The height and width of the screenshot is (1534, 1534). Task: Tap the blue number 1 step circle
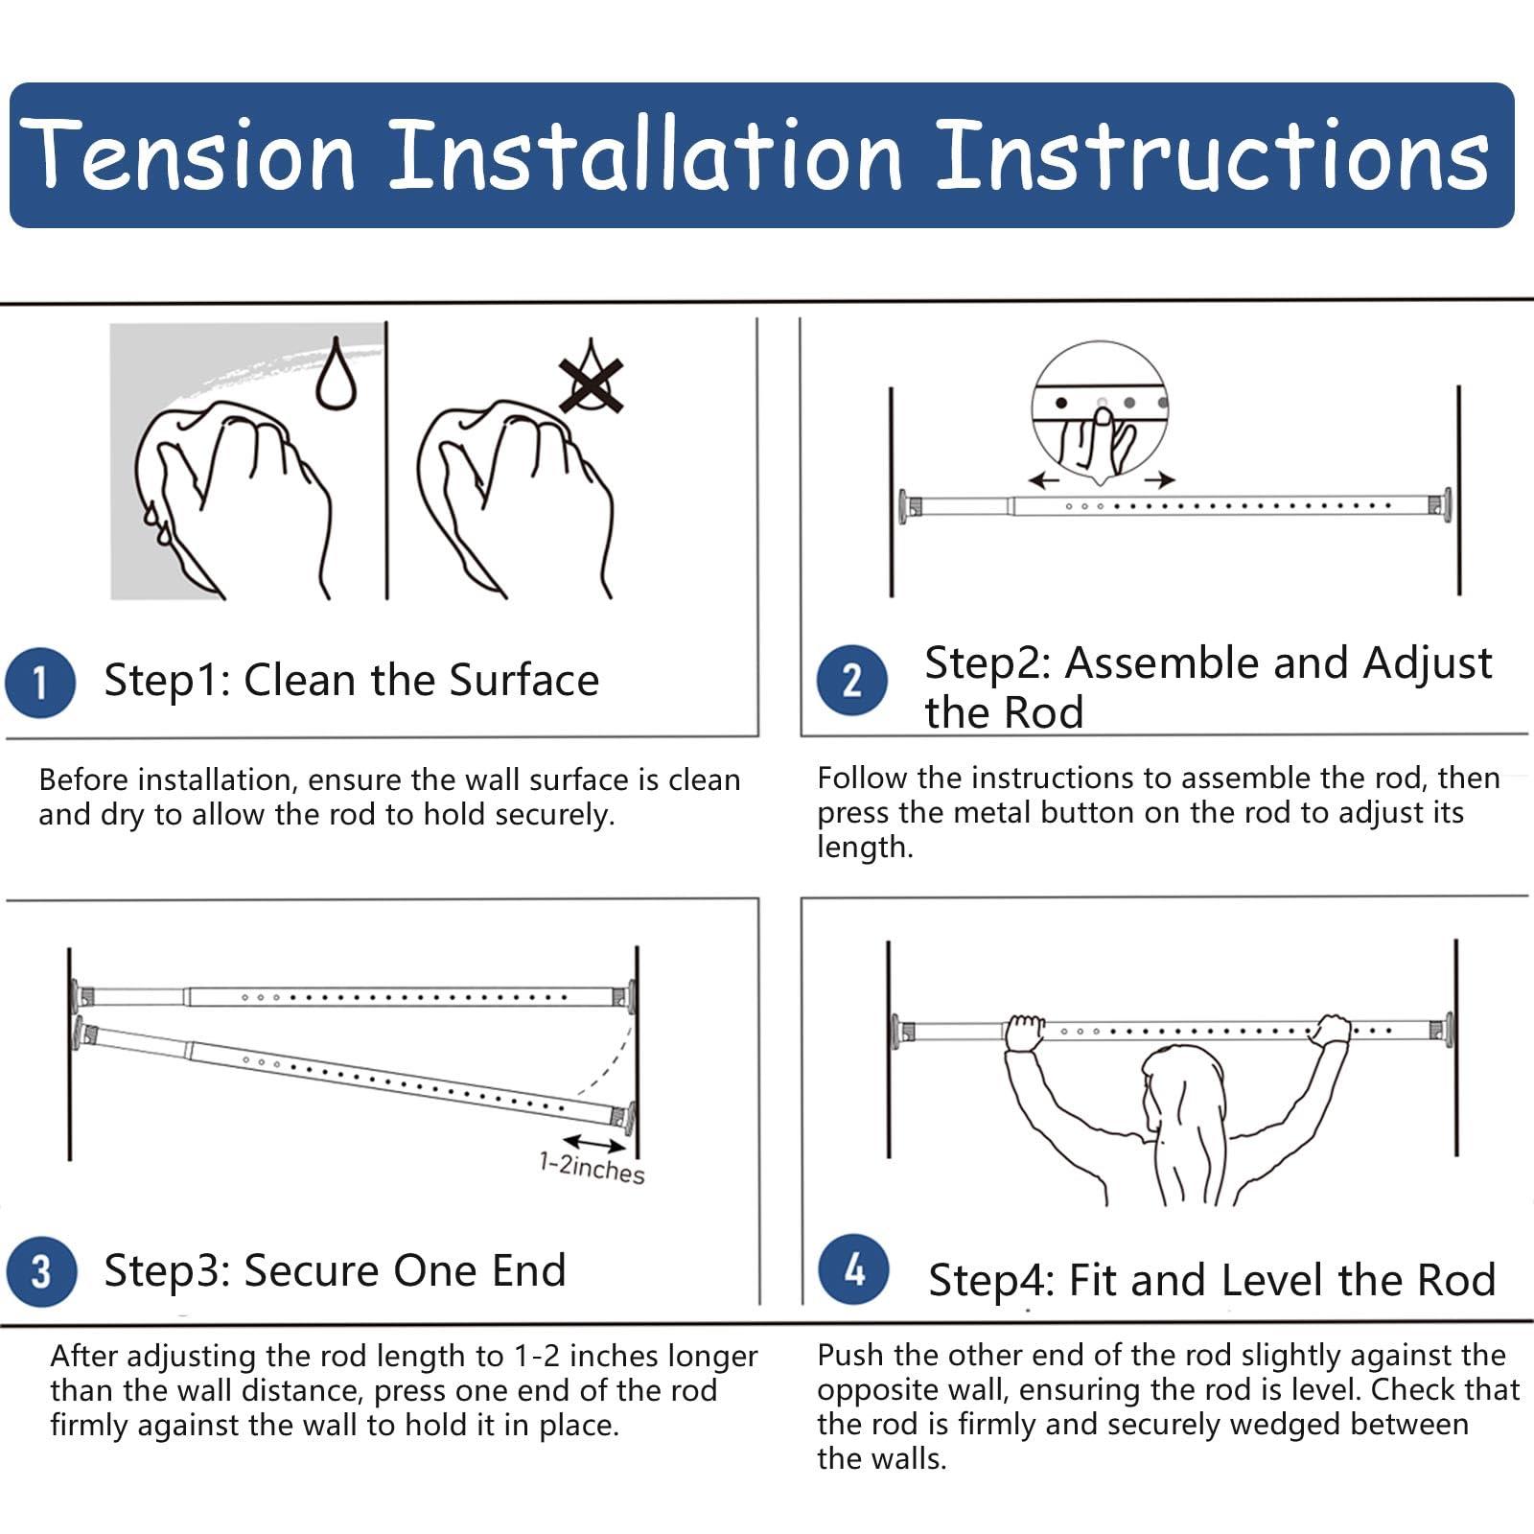pyautogui.click(x=40, y=683)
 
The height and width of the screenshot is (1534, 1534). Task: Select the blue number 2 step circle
pyautogui.click(x=851, y=681)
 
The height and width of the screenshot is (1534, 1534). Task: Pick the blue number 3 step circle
pyautogui.click(x=41, y=1271)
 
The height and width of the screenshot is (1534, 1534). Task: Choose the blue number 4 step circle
pyautogui.click(x=853, y=1269)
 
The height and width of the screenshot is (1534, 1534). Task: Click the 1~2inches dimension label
pyautogui.click(x=592, y=1169)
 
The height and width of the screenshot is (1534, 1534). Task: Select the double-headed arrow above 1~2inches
pyautogui.click(x=595, y=1143)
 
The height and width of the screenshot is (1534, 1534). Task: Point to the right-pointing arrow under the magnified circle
pyautogui.click(x=1159, y=479)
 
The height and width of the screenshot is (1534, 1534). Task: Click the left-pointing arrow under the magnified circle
pyautogui.click(x=1043, y=480)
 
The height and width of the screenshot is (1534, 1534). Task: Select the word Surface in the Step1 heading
pyautogui.click(x=524, y=681)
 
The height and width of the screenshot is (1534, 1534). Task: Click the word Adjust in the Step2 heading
pyautogui.click(x=1428, y=663)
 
